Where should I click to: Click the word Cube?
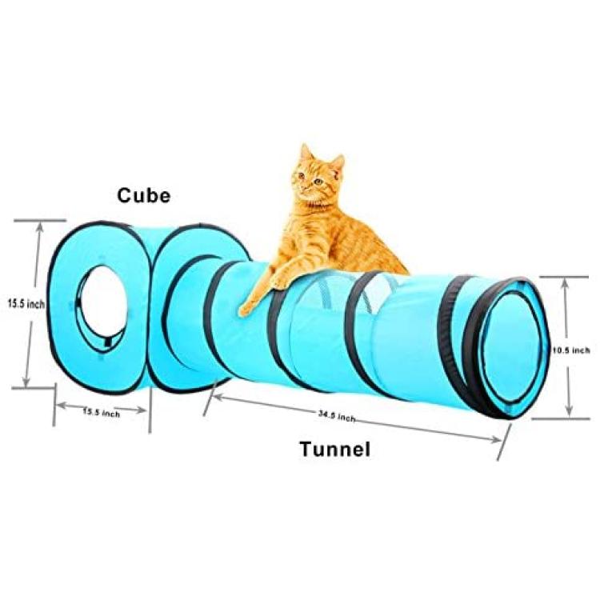[143, 195]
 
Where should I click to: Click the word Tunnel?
[335, 449]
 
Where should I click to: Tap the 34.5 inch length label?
[337, 416]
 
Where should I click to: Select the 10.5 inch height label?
[571, 350]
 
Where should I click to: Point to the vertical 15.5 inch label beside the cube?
[26, 304]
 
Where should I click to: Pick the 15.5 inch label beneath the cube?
[102, 413]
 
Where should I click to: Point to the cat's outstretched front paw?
[248, 307]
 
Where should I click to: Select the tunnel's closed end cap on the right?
[514, 348]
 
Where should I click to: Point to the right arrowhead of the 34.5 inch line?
[495, 439]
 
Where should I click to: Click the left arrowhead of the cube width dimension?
[62, 406]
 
